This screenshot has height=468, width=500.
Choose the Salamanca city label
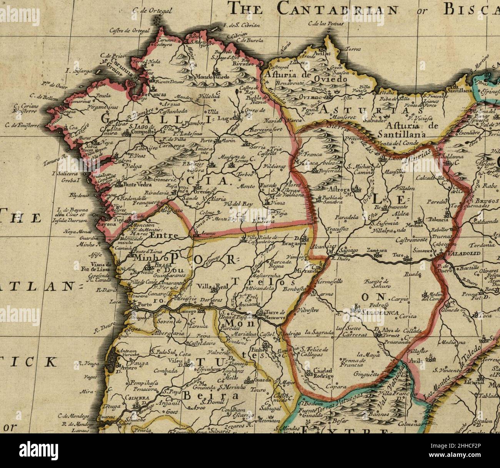pos(379,313)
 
